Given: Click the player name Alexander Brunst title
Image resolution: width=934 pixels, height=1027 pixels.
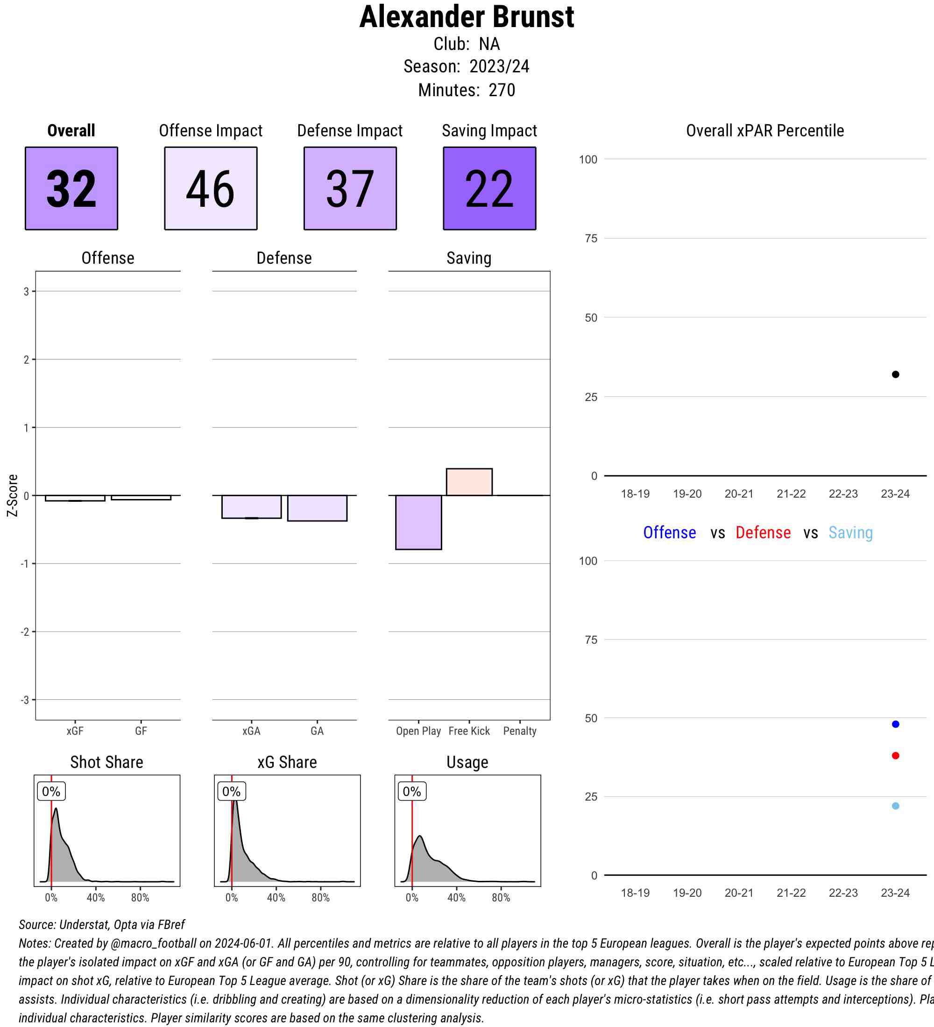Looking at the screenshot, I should pos(466,17).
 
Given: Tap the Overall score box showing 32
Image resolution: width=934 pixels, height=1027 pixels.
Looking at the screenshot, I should pos(71,189).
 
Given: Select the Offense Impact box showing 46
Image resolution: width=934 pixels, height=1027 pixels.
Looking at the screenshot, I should pos(211,189).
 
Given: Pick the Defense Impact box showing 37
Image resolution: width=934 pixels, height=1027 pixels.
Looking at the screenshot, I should pos(350,189).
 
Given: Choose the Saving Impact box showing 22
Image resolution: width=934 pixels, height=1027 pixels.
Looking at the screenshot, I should pos(489,189).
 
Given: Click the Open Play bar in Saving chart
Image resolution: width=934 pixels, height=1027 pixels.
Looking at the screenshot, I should pos(418,522).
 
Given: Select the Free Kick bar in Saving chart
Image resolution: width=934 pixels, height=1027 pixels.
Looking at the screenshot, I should pos(469,482).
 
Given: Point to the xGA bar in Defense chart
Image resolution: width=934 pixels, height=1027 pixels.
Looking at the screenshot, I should pos(251,507).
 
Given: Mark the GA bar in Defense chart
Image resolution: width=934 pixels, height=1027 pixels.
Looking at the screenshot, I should pos(317,508).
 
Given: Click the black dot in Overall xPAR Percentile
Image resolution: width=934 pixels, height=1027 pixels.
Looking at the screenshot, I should pos(895,374).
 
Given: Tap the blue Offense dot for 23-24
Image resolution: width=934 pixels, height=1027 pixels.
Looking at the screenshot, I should pos(895,724).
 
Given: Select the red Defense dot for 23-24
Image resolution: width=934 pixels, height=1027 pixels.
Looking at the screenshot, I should pos(895,755).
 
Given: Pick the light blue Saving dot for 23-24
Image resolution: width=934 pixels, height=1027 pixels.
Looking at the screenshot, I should pos(895,806).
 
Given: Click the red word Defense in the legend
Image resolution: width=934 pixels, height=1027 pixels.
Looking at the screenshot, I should pos(763,532).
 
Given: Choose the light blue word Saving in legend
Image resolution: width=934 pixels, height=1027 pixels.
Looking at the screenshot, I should pos(850,532).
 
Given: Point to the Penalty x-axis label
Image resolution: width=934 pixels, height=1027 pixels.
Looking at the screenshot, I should pos(519,731).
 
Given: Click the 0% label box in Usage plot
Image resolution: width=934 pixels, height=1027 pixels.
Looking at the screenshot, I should pos(412,791).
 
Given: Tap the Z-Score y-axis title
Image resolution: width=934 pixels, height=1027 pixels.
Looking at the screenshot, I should pos(12,495).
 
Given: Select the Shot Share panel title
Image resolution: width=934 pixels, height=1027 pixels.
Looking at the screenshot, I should pos(106,762).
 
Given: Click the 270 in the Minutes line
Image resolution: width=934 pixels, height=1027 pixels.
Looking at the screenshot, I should pos(502,90).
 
